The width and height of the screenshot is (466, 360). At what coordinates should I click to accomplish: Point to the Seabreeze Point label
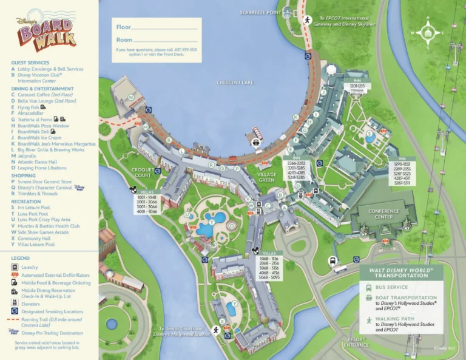(x=260, y=12)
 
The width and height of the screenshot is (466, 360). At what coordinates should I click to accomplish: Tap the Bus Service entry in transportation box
(x=392, y=287)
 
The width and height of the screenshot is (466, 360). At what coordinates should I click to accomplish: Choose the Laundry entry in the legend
(x=30, y=267)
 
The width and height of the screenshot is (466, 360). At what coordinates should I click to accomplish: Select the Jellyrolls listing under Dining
(x=27, y=156)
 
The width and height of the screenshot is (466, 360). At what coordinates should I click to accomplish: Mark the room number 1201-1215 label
(x=357, y=86)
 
